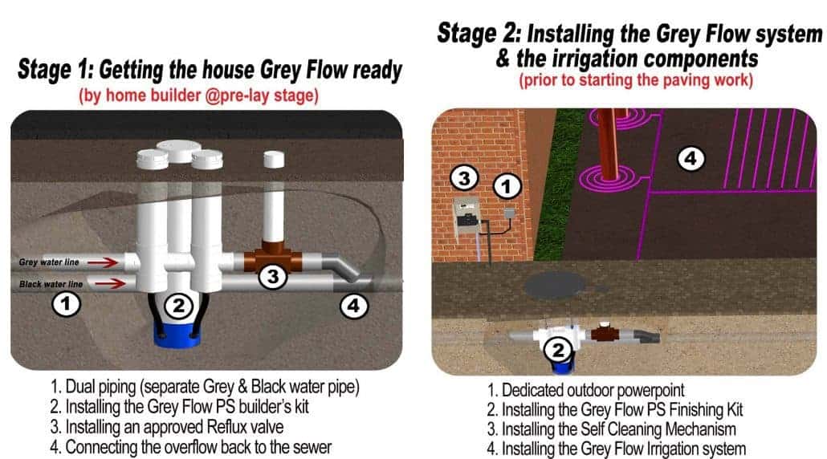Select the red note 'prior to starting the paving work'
(630, 80)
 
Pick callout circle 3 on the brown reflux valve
(273, 277)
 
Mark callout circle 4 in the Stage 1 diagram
(354, 305)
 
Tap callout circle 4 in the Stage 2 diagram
(690, 159)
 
